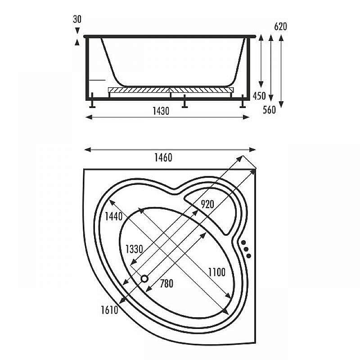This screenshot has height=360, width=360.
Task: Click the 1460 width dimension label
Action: click(x=163, y=157)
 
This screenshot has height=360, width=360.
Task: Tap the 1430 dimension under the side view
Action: click(x=161, y=111)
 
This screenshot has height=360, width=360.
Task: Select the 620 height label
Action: click(x=280, y=27)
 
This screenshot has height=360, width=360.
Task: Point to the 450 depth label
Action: click(x=259, y=96)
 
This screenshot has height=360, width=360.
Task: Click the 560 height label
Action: click(x=269, y=109)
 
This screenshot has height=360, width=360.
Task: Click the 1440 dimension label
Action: click(x=113, y=216)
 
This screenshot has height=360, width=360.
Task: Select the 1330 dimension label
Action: click(x=134, y=249)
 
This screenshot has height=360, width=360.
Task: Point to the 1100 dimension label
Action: click(x=216, y=272)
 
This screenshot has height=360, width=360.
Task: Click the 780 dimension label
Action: click(x=166, y=283)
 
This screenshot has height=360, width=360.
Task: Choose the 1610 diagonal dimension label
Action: click(x=109, y=310)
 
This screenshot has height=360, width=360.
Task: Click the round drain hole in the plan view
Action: click(x=145, y=279)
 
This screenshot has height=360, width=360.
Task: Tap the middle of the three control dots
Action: click(x=246, y=249)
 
